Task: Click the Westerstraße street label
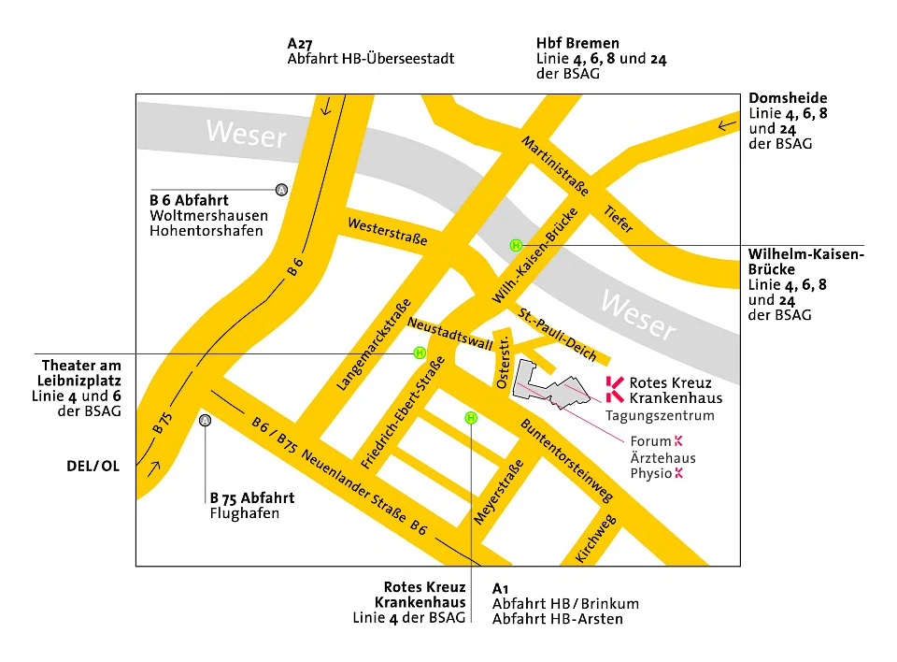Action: click(387, 232)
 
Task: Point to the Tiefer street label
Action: click(619, 220)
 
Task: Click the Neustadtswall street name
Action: click(449, 331)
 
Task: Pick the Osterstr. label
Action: click(504, 361)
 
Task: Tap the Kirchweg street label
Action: click(595, 539)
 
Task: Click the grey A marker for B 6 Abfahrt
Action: click(281, 190)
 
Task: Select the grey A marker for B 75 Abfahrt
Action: click(206, 421)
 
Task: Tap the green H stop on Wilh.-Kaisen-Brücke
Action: click(515, 245)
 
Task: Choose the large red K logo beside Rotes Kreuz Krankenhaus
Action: click(614, 390)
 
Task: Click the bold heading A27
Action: click(299, 43)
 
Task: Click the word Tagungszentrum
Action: click(660, 416)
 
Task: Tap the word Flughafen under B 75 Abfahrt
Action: click(244, 513)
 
